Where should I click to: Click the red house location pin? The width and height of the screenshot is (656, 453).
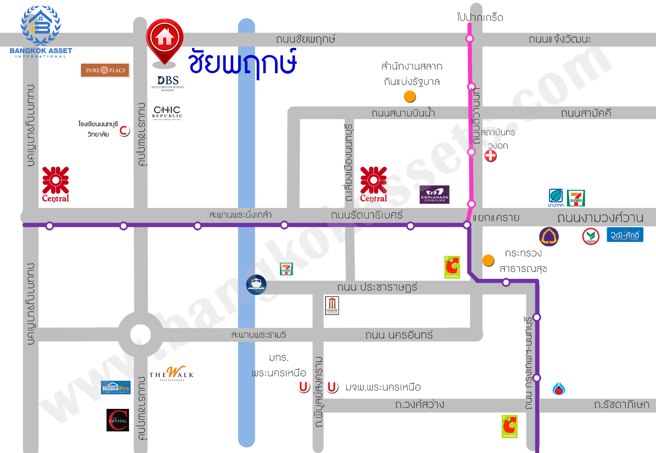point(165,39)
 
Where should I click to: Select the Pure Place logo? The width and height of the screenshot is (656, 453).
point(105,70)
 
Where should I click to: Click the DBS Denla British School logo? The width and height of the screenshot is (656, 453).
point(168,83)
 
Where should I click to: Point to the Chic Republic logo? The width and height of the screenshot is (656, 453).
point(167,113)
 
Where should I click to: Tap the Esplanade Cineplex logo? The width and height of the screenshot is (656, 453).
point(435,194)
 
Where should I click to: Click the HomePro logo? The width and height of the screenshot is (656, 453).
point(115,388)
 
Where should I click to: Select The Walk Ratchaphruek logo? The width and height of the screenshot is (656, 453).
point(171,374)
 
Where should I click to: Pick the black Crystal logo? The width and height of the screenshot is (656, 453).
point(118,420)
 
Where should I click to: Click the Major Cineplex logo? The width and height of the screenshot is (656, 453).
point(332,306)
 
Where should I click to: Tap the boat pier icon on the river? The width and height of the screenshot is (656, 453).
point(256,284)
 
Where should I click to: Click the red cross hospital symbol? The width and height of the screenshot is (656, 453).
point(491,156)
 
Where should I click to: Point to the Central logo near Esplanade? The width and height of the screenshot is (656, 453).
point(374,184)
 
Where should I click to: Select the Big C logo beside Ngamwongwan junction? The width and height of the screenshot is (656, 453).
point(452,267)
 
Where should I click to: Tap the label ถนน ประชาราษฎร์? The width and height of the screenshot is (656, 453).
point(377,287)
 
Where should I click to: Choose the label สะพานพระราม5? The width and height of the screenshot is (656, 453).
point(259,335)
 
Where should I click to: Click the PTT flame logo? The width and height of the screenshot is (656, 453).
point(558,389)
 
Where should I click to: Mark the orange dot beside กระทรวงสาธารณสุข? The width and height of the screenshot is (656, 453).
point(488,260)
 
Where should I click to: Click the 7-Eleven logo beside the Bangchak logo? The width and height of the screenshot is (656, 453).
point(576,198)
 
